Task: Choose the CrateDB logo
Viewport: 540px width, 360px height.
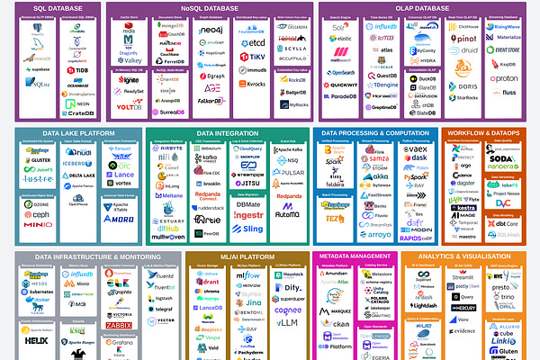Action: click(78, 112)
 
